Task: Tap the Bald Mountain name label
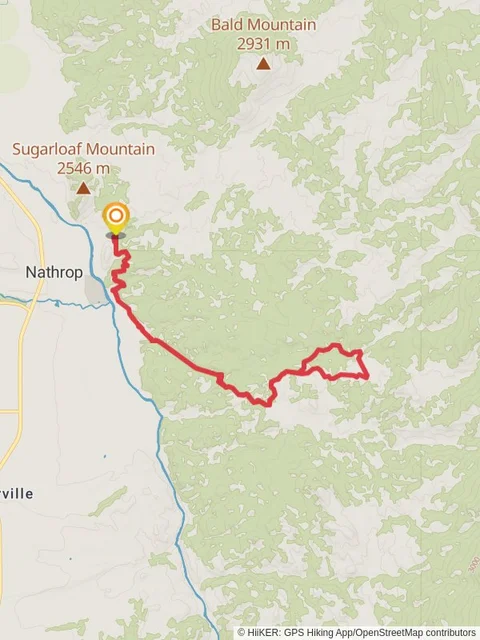coord(263,25)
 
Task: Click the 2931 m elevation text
coord(263,43)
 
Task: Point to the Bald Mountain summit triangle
coord(263,64)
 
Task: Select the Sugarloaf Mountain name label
coord(83,149)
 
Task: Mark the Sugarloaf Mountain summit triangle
coord(84,188)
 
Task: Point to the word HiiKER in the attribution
coord(263,632)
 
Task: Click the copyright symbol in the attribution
coord(242,632)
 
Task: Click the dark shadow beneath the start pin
coord(116,236)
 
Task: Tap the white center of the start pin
coord(116,215)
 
